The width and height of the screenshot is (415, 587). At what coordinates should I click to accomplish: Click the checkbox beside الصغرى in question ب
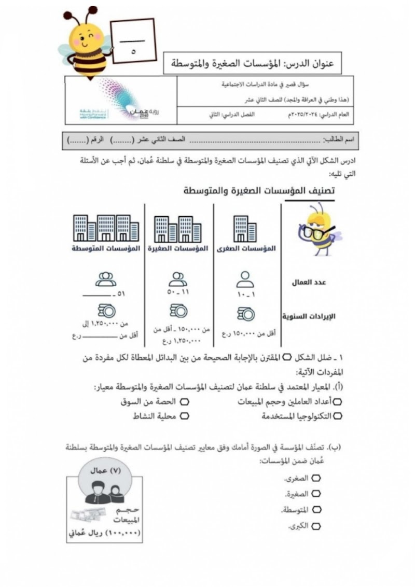point(316,477)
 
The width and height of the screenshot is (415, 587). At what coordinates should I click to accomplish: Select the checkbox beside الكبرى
point(316,526)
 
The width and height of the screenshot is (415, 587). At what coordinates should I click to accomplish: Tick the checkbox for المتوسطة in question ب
point(316,510)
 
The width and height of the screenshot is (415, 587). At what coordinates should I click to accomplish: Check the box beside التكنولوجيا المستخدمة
point(338,416)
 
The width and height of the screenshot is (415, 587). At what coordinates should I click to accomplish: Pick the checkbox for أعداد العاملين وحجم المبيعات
point(338,401)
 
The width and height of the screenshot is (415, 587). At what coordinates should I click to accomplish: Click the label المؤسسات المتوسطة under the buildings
point(106,249)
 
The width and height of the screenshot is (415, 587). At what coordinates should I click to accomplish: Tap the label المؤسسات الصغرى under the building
point(246,249)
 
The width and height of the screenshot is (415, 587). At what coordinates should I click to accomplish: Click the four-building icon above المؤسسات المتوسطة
point(106,227)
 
